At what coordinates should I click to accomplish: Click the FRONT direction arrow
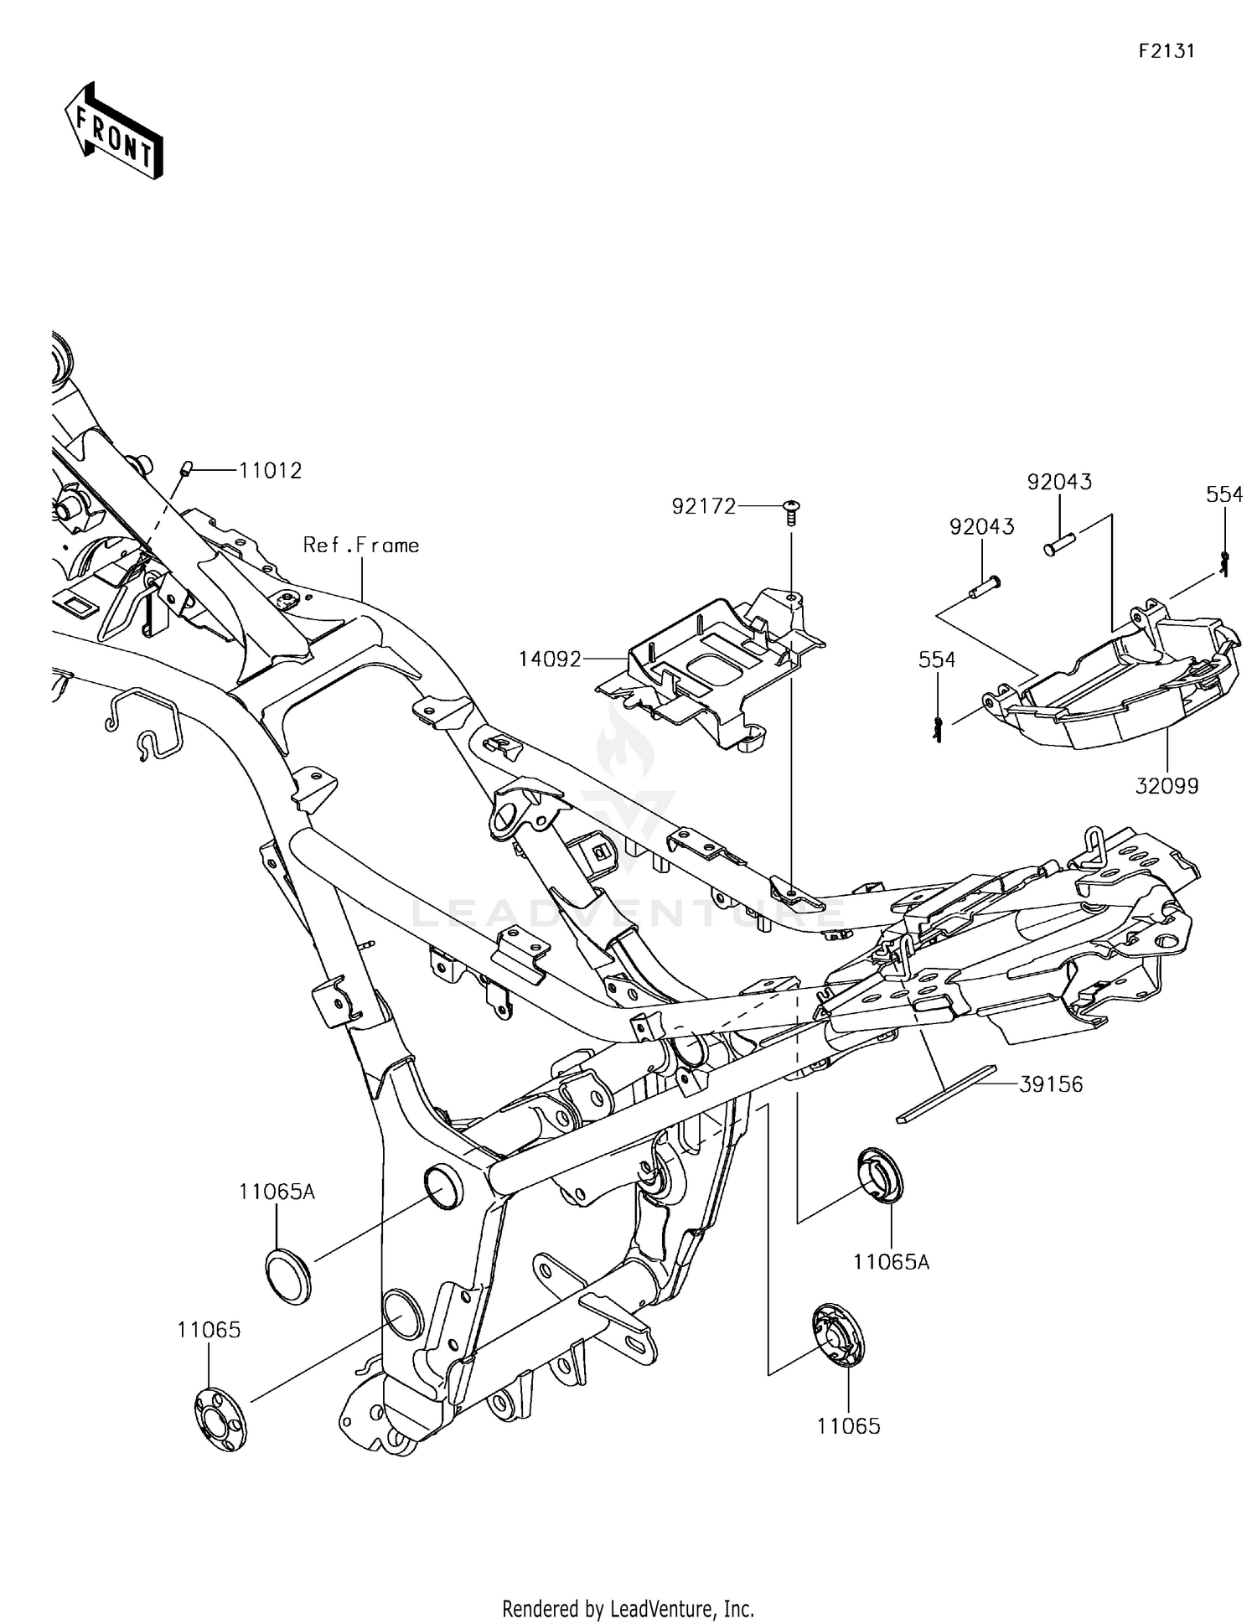click(x=113, y=132)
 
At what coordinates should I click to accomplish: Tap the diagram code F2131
click(x=1166, y=51)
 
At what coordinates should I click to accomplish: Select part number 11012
click(x=270, y=471)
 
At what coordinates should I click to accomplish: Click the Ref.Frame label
click(x=360, y=546)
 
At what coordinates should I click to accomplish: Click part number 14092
click(x=549, y=659)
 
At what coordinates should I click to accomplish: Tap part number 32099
click(x=1167, y=786)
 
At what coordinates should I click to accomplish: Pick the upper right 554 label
click(x=1224, y=495)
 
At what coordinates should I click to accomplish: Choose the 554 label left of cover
click(x=937, y=660)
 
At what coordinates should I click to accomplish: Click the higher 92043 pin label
click(x=1059, y=483)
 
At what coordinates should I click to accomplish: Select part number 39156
click(x=1051, y=1084)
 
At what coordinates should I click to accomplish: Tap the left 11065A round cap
click(x=288, y=1275)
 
